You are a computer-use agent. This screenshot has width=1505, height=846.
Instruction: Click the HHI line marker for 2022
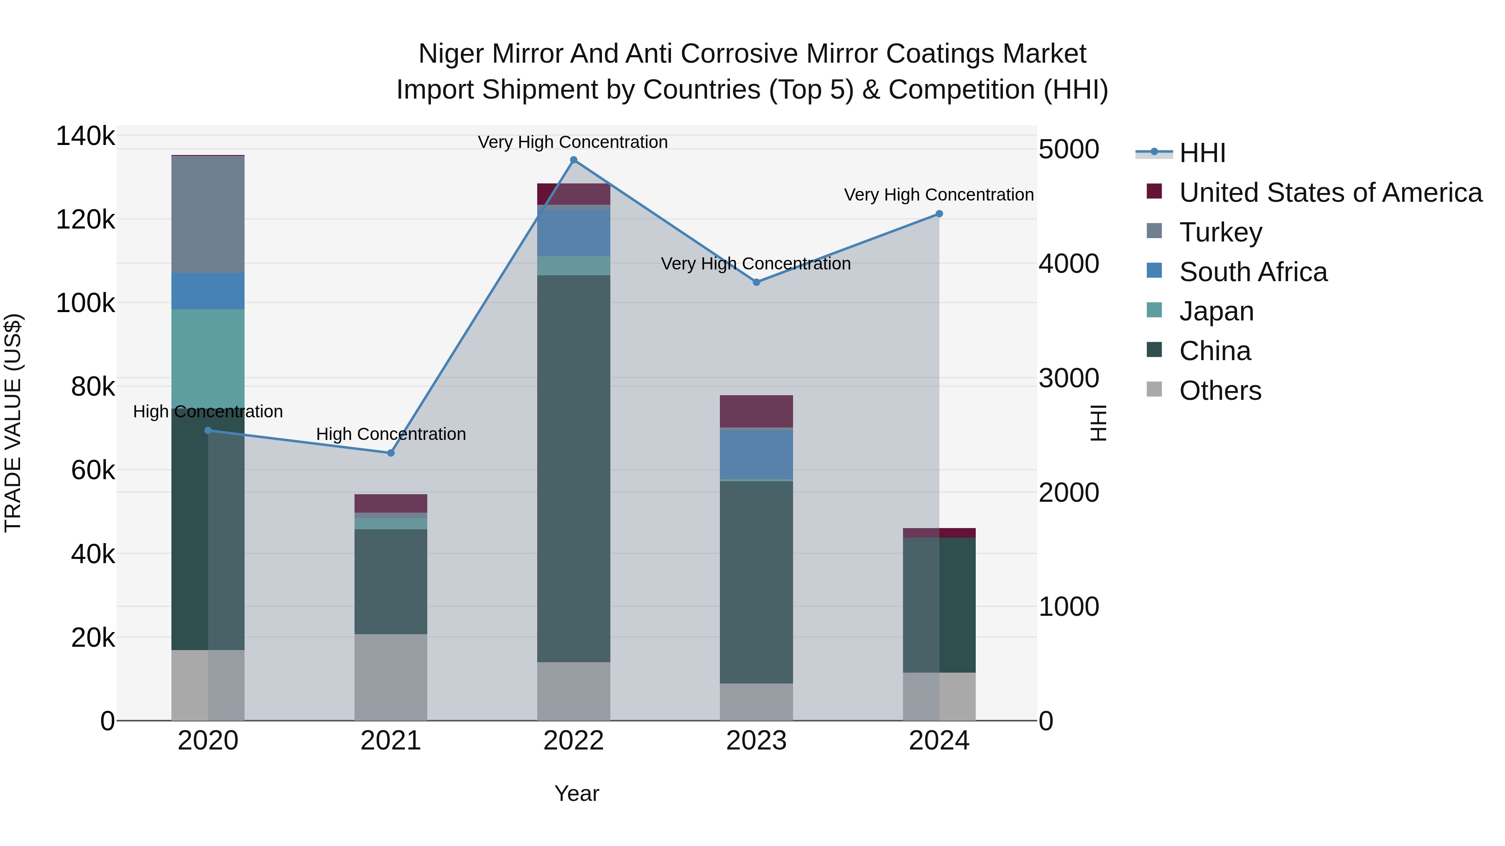pos(573,160)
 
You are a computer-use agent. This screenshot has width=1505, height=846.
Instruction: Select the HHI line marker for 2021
pos(391,453)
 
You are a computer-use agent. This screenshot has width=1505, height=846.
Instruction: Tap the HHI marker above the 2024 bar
pos(939,213)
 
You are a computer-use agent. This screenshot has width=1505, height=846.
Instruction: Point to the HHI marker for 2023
pos(756,282)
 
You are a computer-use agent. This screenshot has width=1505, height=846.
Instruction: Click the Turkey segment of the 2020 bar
pos(208,214)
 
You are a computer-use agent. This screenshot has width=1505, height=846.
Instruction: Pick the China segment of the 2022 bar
pos(573,467)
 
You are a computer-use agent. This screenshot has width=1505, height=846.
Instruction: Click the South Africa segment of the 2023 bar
pos(756,454)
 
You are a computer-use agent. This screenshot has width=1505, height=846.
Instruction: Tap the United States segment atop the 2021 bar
pos(391,503)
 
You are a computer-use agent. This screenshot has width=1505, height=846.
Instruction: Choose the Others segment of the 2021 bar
pos(391,677)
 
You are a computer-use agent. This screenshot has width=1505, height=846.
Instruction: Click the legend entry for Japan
pos(1215,311)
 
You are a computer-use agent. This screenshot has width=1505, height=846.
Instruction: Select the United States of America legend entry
pos(1330,193)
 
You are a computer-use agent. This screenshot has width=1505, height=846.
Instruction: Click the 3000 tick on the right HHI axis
pos(1069,379)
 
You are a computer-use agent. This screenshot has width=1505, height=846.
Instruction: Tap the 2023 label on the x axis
pos(756,741)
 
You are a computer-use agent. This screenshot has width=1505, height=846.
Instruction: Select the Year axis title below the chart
pos(576,793)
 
